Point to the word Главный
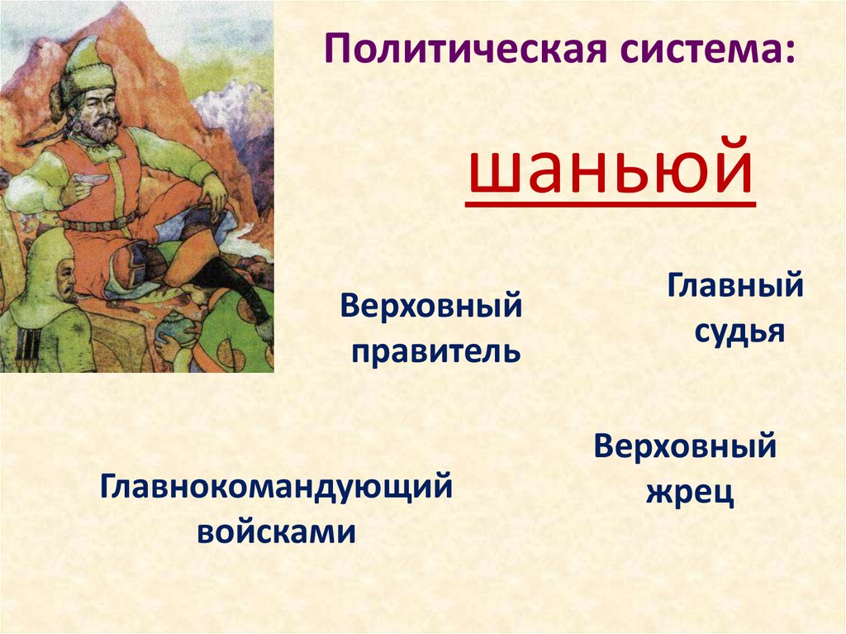tap(735, 288)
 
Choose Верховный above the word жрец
tap(685, 447)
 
